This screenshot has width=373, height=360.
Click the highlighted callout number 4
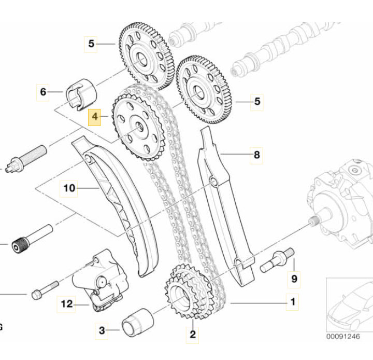94,118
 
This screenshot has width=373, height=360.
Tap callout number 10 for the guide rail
69,187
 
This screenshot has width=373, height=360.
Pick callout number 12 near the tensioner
67,304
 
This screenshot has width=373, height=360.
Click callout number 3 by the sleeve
102,329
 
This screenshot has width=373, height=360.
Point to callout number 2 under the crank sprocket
193,335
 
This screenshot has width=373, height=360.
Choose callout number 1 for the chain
293,300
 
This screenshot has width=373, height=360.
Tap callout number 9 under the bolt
294,279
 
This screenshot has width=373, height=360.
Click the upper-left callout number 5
91,44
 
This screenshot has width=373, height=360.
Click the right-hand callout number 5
257,102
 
